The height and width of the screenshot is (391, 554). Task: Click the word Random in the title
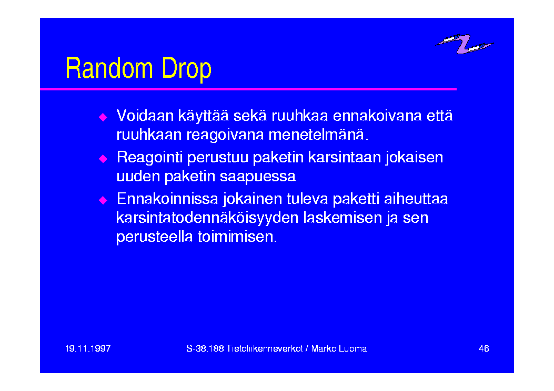[x=109, y=68]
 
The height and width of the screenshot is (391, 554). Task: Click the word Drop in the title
[x=187, y=69]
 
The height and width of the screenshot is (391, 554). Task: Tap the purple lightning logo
[x=464, y=44]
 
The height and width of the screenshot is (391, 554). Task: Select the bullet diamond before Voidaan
[x=103, y=117]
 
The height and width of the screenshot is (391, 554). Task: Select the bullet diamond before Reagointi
[x=103, y=159]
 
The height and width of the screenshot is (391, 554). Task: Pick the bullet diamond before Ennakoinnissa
[x=103, y=200]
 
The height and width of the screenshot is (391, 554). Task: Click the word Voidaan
[x=145, y=116]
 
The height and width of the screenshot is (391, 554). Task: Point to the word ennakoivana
[x=377, y=116]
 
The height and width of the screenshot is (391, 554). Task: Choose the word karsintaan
[x=344, y=157]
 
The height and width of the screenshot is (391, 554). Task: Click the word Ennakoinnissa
[x=167, y=199]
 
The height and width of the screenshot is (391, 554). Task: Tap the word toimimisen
[x=237, y=236]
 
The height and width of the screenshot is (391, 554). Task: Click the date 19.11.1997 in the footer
[x=88, y=348]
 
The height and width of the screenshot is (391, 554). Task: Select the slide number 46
[x=484, y=348]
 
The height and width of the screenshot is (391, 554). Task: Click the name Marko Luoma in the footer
[x=339, y=348]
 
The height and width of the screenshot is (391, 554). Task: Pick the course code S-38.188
[x=205, y=348]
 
